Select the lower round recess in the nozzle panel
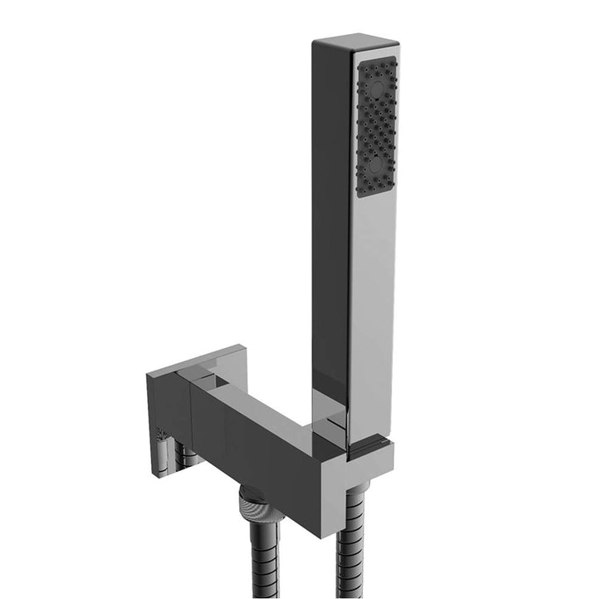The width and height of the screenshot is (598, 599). (x=375, y=164)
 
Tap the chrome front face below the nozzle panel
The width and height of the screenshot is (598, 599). (x=371, y=316)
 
